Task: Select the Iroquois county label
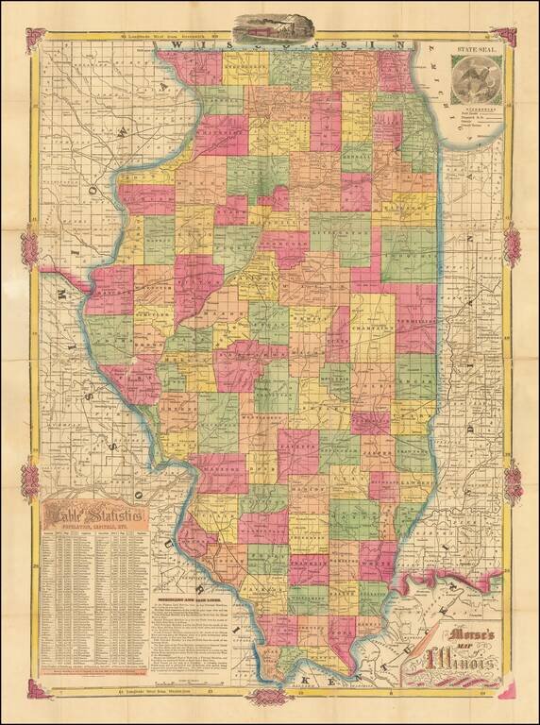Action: click(407, 256)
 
